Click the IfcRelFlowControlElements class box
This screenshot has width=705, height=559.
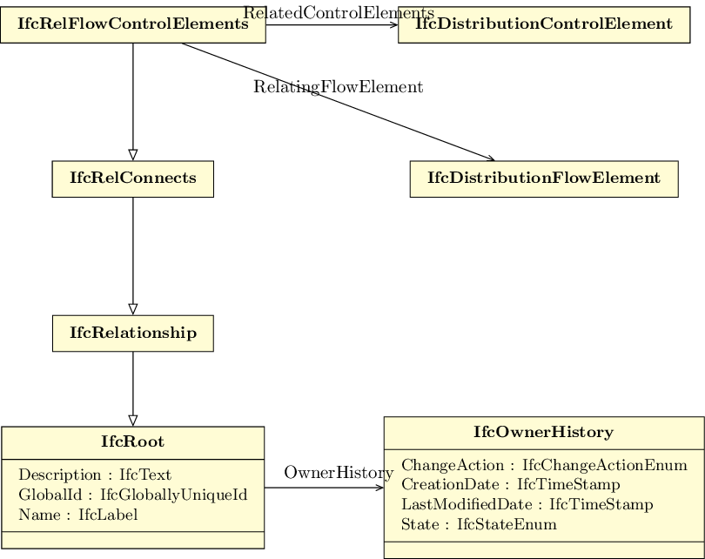point(133,24)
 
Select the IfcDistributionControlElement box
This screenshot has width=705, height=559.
point(544,24)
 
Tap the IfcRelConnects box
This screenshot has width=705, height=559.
point(133,179)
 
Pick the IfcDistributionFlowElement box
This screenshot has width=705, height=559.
point(544,179)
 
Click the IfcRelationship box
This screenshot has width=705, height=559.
point(133,333)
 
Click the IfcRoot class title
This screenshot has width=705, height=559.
point(132,441)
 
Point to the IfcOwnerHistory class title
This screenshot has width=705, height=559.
point(544,432)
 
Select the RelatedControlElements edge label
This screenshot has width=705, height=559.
point(339,12)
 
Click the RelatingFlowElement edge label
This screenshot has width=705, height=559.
point(338,86)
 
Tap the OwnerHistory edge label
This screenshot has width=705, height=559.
point(339,473)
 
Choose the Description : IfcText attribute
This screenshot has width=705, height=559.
point(95,475)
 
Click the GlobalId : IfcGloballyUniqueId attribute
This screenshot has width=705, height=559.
point(133,495)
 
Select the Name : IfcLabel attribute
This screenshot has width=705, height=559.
point(78,515)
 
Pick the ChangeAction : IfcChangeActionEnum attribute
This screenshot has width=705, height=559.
point(544,465)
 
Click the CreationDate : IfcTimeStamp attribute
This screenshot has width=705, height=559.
point(511,484)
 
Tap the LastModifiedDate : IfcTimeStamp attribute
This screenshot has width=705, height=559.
point(527,504)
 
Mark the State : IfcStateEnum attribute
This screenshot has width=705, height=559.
point(479,524)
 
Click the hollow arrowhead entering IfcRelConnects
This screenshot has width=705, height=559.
point(133,155)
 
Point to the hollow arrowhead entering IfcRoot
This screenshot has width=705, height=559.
point(133,421)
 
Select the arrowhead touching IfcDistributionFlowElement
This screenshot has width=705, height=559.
point(490,158)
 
